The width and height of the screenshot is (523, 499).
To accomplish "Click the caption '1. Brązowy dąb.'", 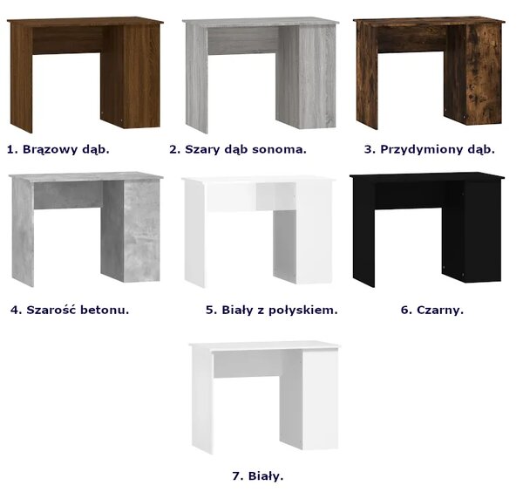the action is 58,149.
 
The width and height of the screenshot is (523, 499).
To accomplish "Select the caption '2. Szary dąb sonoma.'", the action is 238,149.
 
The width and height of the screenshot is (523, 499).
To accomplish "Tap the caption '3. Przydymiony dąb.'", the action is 430,149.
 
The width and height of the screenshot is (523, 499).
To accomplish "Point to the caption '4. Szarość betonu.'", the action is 70,310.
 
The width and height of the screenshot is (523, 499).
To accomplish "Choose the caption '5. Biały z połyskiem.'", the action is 272,310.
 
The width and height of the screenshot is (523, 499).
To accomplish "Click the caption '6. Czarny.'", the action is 432,310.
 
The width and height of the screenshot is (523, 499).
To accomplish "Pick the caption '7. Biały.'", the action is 258,476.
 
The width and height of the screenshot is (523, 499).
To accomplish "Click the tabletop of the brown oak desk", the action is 85,22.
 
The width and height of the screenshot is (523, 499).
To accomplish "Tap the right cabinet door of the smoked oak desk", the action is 484,74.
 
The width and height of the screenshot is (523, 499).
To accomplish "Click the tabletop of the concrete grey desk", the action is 86,176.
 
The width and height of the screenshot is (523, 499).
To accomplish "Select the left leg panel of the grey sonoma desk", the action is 197,79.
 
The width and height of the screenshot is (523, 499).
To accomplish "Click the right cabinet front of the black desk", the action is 482,232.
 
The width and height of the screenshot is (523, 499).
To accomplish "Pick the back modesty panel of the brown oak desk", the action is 68,40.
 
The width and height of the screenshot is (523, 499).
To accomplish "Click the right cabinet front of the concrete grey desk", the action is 142,232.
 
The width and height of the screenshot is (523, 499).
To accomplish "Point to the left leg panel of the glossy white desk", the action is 194,235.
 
